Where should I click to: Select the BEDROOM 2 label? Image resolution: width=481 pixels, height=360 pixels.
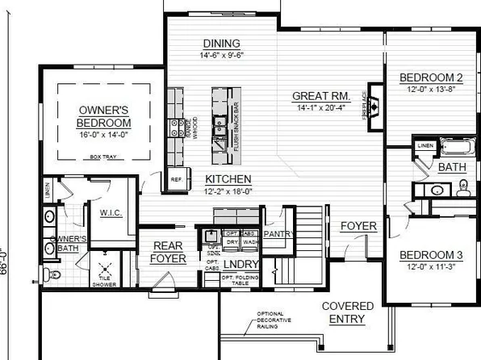point(432,78)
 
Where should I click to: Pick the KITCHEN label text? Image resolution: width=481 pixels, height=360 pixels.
point(228,178)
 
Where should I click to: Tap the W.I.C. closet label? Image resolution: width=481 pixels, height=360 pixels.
point(110,213)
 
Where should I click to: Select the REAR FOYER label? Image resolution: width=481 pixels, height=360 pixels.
point(168,253)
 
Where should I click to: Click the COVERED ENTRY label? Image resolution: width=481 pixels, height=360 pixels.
point(348,313)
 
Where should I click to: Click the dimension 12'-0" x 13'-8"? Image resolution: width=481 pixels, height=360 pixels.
point(432,90)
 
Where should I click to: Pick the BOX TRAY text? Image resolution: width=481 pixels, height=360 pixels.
point(104,157)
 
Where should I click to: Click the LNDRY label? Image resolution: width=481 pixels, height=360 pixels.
point(236,263)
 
